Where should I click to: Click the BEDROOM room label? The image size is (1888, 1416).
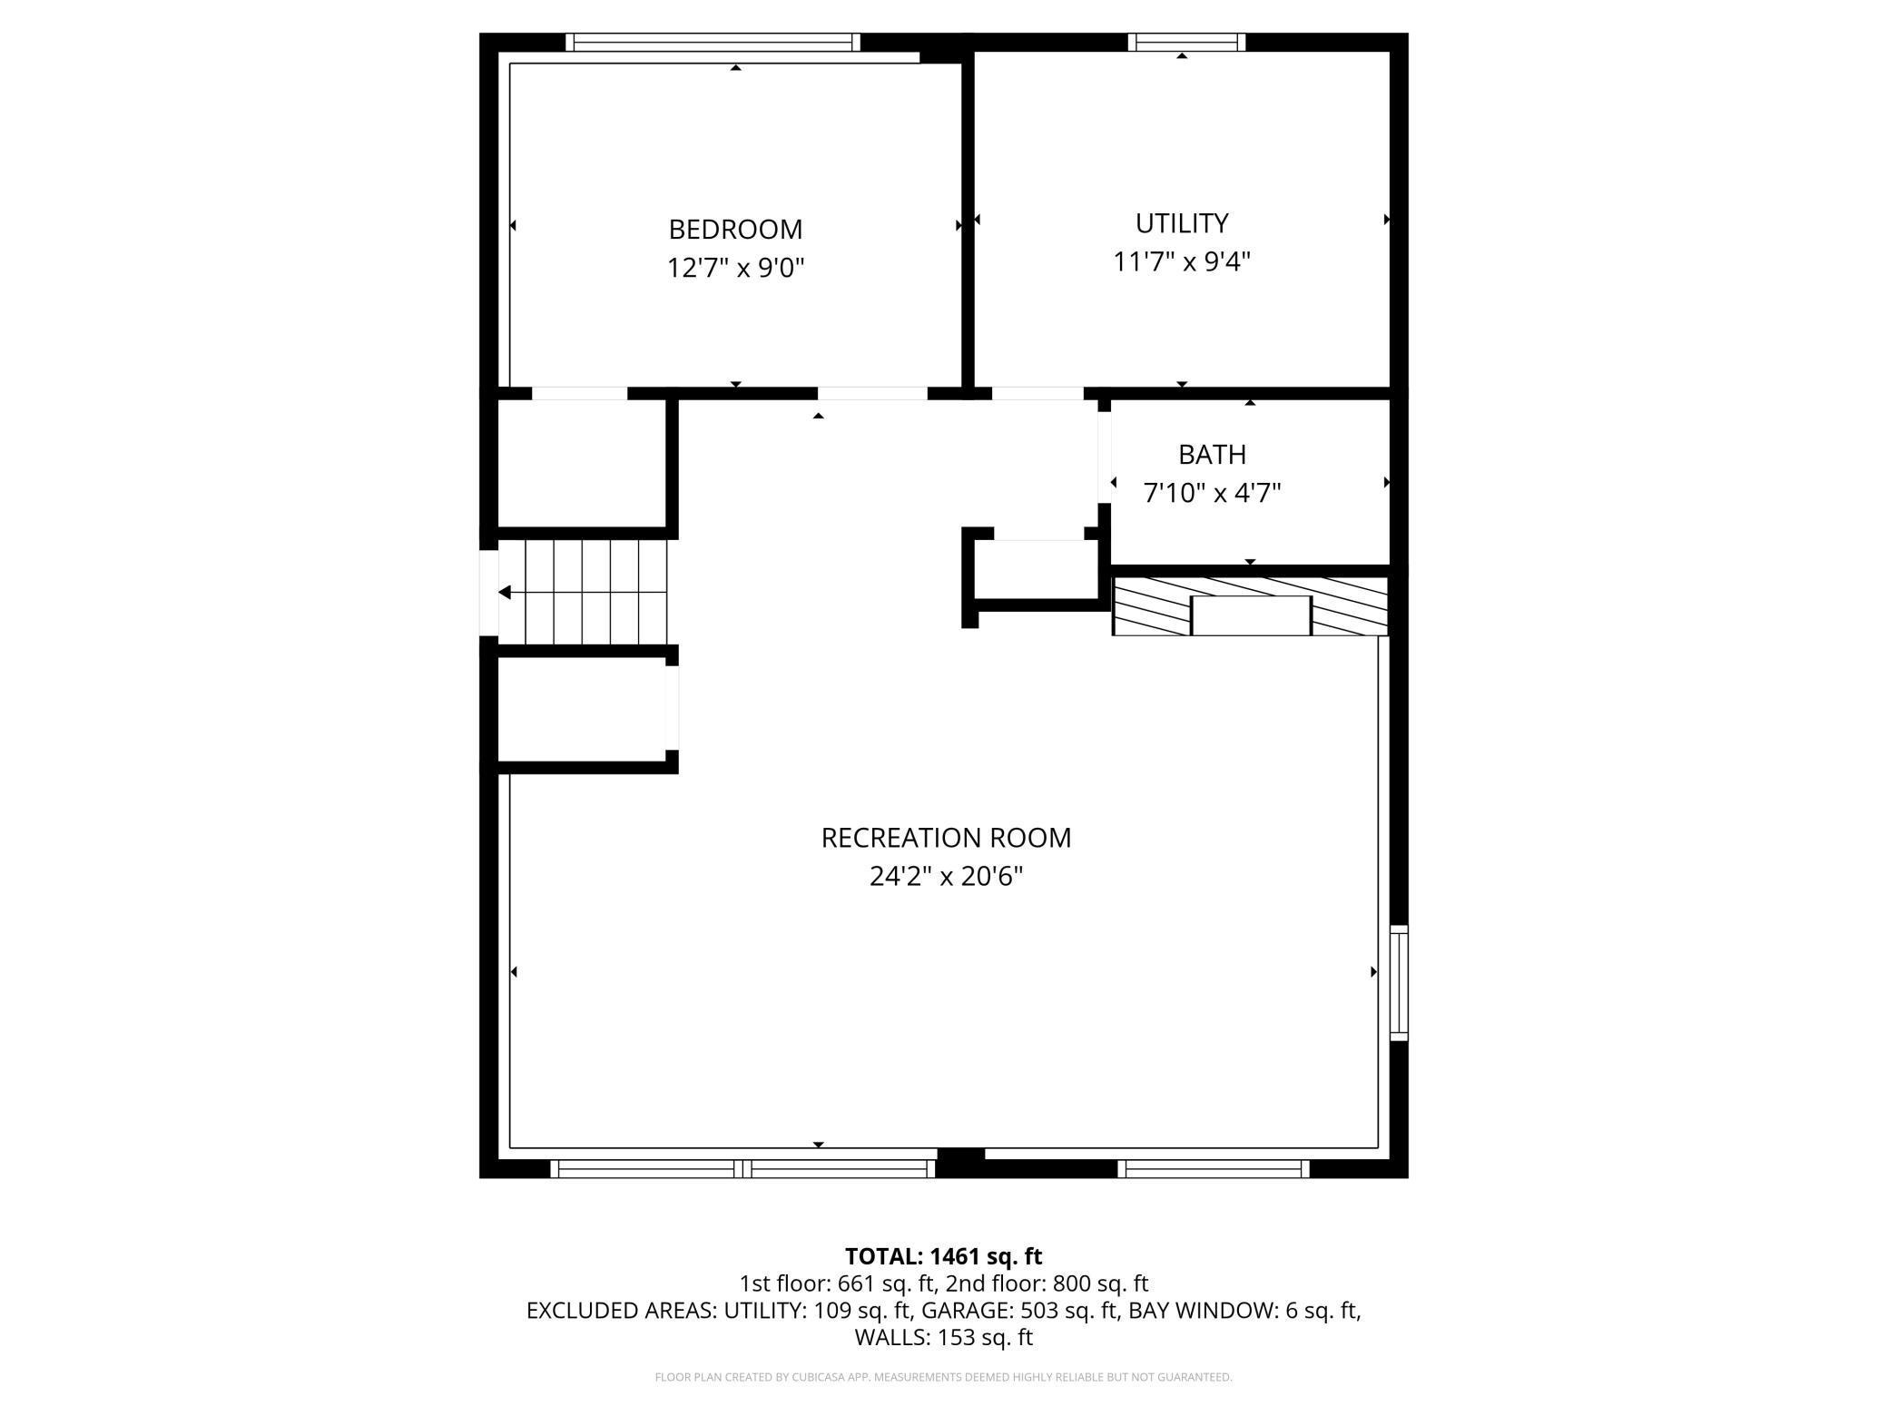click(x=735, y=229)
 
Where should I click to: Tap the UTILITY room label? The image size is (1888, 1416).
click(x=1181, y=222)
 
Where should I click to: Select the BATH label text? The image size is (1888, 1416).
click(x=1212, y=454)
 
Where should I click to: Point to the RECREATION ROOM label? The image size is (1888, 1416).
click(x=946, y=837)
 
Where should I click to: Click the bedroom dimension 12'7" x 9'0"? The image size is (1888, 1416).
click(x=735, y=268)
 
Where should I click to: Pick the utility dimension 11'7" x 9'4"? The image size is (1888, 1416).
click(x=1181, y=261)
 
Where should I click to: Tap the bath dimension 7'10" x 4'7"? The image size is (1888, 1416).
click(x=1212, y=493)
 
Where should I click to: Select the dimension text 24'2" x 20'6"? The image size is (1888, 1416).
click(x=946, y=876)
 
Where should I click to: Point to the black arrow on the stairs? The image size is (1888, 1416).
click(x=505, y=593)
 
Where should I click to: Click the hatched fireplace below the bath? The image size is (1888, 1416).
click(x=1250, y=605)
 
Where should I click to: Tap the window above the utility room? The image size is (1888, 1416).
click(x=1185, y=42)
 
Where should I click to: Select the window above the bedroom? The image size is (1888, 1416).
click(x=712, y=42)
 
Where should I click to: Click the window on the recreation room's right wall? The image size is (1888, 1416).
click(x=1399, y=982)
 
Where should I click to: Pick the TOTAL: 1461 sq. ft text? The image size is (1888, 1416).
click(x=943, y=1256)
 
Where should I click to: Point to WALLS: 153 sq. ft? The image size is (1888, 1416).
click(x=943, y=1337)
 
